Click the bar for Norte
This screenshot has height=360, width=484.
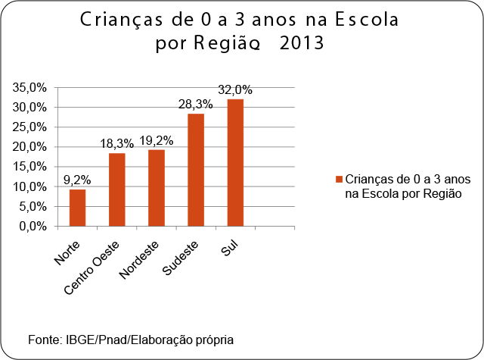click(x=77, y=208)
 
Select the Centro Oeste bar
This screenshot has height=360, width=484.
click(x=116, y=189)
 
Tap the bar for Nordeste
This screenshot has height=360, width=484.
click(x=156, y=188)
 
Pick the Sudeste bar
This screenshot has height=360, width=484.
click(x=196, y=170)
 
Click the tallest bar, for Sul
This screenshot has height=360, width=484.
click(x=235, y=162)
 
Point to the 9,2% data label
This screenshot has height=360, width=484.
click(x=76, y=180)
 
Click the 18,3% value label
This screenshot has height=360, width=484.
click(x=116, y=143)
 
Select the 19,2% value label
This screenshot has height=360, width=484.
click(x=156, y=140)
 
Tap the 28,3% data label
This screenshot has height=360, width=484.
click(x=196, y=104)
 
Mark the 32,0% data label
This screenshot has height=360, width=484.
click(x=235, y=89)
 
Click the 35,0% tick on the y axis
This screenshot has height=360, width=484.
click(x=29, y=88)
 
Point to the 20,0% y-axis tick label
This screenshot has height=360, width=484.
click(x=29, y=147)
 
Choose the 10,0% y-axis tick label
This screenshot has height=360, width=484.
click(x=29, y=186)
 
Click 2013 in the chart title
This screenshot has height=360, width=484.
click(x=301, y=43)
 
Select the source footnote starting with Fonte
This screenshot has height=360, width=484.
click(x=131, y=339)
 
